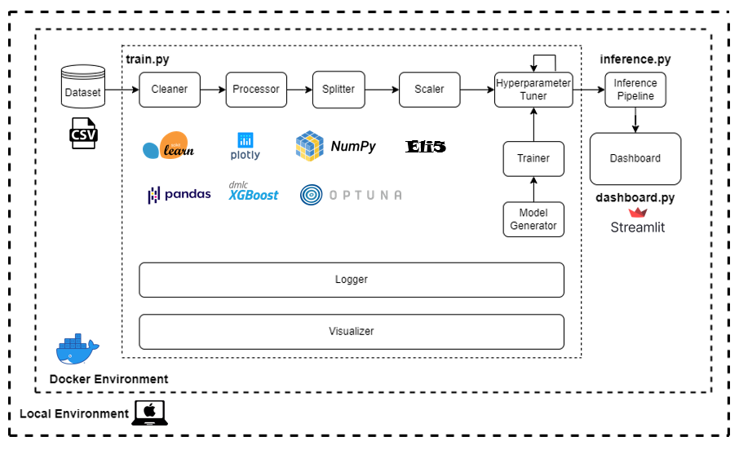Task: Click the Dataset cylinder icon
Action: (x=83, y=88)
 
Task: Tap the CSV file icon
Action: (x=83, y=133)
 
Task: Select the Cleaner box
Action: (x=170, y=90)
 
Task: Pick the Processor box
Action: (x=256, y=90)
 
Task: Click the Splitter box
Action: (x=339, y=90)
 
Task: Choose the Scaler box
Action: (x=429, y=90)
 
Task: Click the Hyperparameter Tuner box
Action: (x=533, y=90)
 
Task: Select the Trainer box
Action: (x=533, y=158)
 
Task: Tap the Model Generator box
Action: (x=533, y=219)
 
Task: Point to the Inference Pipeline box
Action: (x=635, y=90)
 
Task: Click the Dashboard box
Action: (x=635, y=158)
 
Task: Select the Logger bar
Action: (x=352, y=280)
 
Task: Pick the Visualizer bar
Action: (x=352, y=332)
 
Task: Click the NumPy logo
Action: (x=336, y=147)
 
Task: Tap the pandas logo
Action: (x=179, y=194)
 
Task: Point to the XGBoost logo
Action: (x=253, y=192)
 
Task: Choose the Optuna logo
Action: (x=351, y=195)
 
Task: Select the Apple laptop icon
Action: (x=149, y=413)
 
